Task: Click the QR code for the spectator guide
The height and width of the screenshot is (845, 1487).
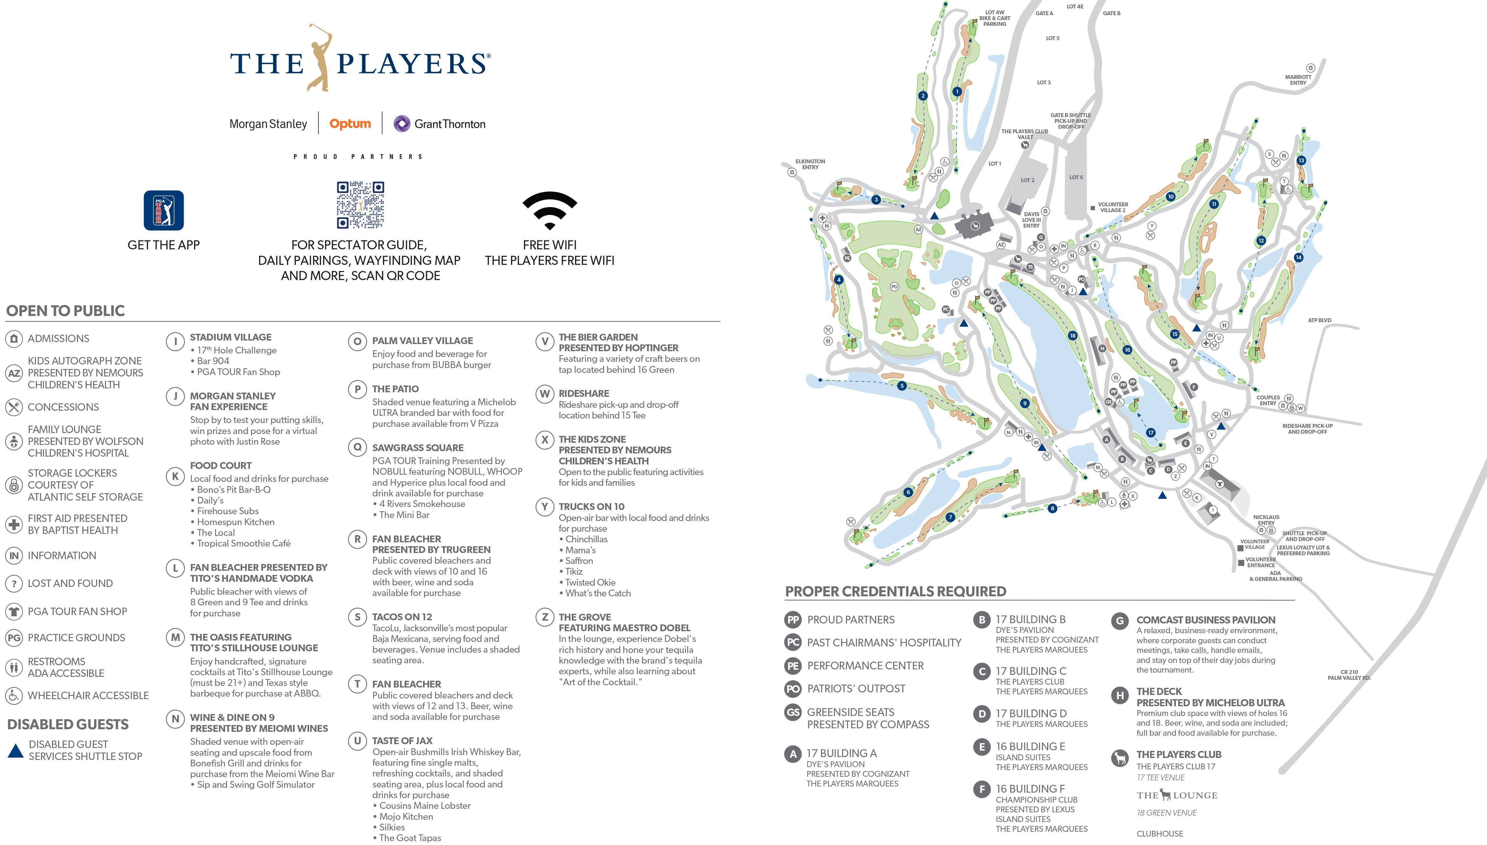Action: (361, 205)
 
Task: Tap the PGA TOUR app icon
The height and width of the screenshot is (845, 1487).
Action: (164, 211)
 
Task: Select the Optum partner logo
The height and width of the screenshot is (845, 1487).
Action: (350, 124)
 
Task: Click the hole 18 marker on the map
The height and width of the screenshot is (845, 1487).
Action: (1073, 335)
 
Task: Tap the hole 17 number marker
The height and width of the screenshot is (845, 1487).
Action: (1150, 432)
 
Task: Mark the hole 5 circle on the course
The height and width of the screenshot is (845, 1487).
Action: (901, 386)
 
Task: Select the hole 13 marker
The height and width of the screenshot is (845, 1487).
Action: (1301, 160)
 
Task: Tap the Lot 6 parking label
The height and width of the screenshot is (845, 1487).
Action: (1076, 177)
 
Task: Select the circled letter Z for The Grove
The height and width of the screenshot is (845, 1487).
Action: (544, 617)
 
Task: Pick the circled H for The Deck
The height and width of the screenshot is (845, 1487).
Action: (1120, 695)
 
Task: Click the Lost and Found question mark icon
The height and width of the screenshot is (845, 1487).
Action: (14, 583)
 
